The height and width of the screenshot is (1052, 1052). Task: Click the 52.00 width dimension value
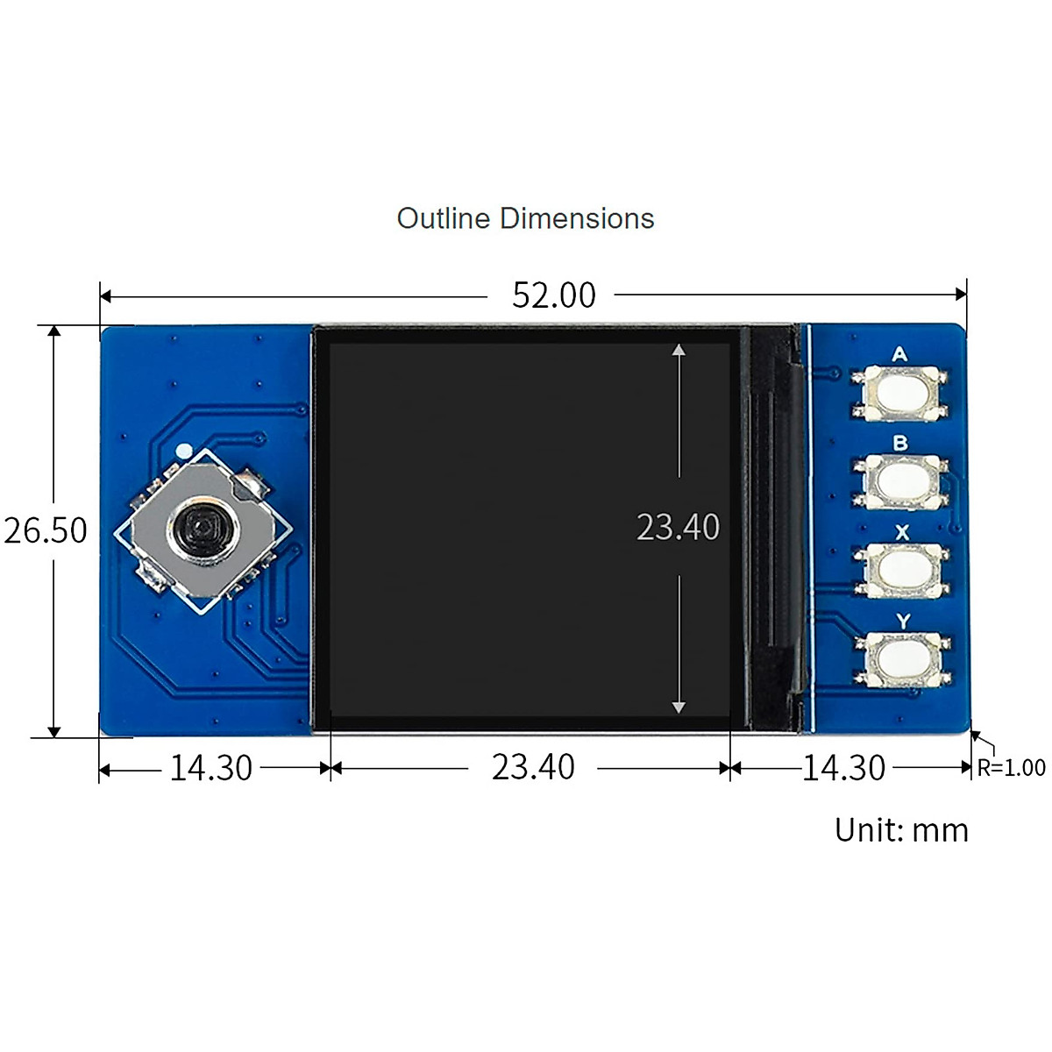553,295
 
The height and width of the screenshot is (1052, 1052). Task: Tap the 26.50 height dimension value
46,530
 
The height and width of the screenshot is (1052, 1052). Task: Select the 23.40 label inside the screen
678,528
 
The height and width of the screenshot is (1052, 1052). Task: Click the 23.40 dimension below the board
533,767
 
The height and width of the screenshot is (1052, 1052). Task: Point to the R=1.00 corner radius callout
1011,768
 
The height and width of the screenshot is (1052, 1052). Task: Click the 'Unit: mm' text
901,831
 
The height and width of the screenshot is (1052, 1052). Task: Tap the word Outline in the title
444,218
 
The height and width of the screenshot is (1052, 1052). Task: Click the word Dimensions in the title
577,218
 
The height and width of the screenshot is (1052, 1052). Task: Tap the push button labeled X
902,570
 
